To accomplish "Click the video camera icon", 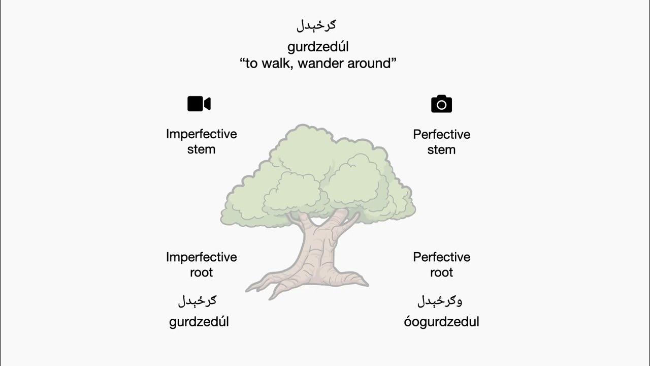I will point(199,104).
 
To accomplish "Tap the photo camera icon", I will point(441,104).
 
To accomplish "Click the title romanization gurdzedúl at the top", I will point(318,47).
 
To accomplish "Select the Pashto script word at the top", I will point(316,24).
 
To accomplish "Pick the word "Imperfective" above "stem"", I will point(202,134).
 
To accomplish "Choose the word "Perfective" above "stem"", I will point(441,135).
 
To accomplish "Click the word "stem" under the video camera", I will point(202,149).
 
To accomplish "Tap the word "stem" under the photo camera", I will point(441,150).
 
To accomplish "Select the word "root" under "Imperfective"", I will point(202,272).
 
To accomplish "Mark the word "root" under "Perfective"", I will point(441,272).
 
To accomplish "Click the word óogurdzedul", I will point(441,322).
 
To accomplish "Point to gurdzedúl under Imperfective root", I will point(199,322).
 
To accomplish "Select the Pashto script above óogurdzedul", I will point(440,301).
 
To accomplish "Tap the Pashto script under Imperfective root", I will point(198,300).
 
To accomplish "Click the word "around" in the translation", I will point(368,64).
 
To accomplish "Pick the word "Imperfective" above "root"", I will point(202,257).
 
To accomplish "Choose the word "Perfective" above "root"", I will point(441,257).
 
